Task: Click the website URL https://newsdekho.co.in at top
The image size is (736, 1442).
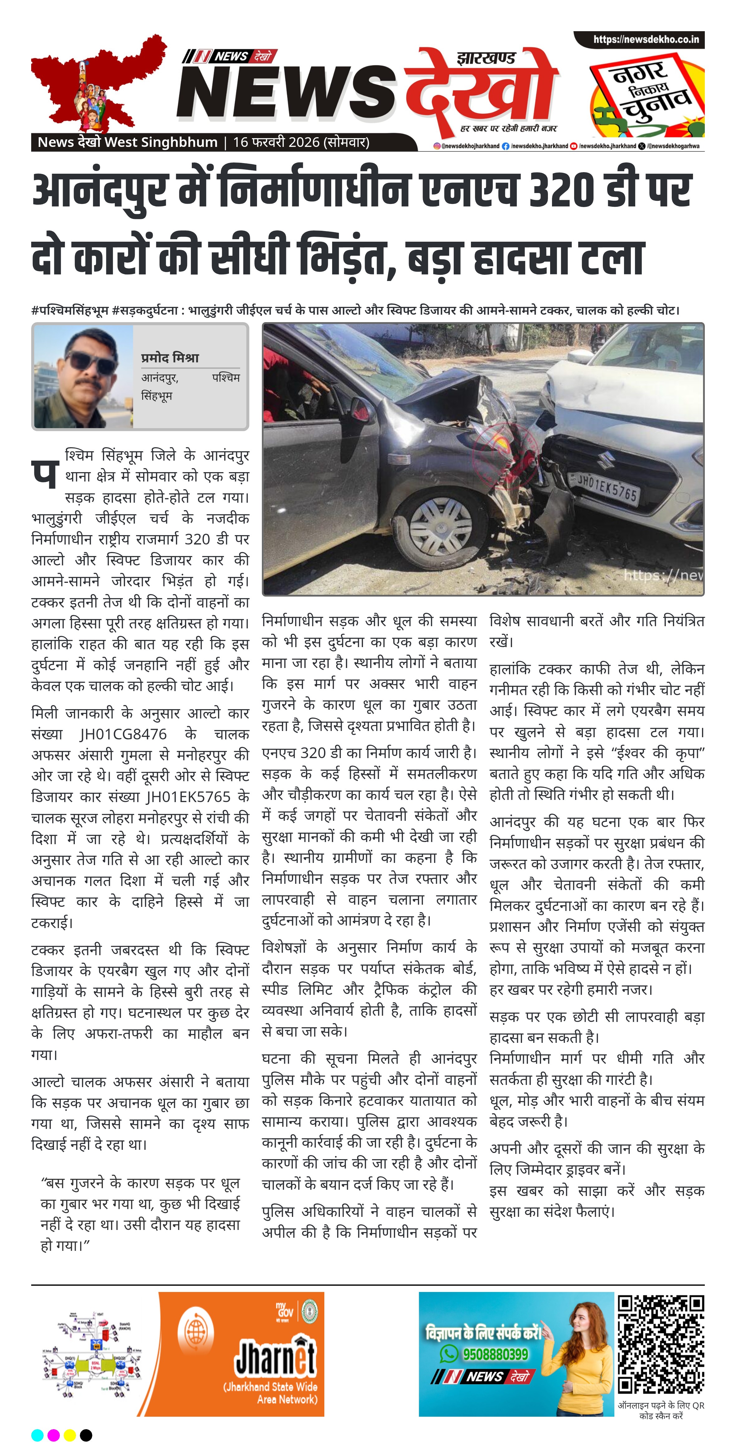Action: pyautogui.click(x=646, y=40)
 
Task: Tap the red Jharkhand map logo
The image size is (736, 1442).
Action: pyautogui.click(x=95, y=84)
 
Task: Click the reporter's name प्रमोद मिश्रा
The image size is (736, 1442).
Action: pyautogui.click(x=170, y=358)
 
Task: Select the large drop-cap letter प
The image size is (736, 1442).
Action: pyautogui.click(x=45, y=474)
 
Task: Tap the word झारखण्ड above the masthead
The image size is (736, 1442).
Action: pyautogui.click(x=486, y=58)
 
